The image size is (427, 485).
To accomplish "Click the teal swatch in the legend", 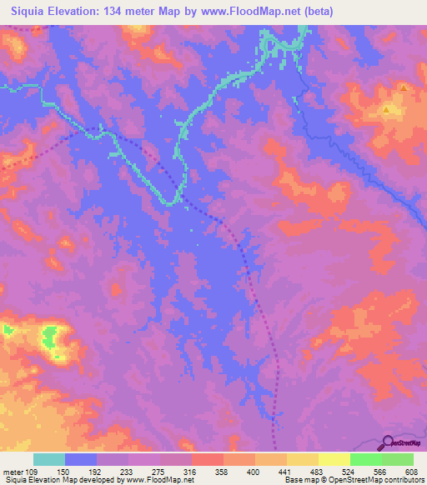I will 49,459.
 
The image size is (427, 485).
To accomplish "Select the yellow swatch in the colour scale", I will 334,459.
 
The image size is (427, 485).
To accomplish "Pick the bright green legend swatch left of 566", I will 366,459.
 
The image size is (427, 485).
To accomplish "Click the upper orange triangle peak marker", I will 404,87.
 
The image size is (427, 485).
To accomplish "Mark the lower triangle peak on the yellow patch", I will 386,108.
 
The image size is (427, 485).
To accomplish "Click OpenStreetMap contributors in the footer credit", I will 383,480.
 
